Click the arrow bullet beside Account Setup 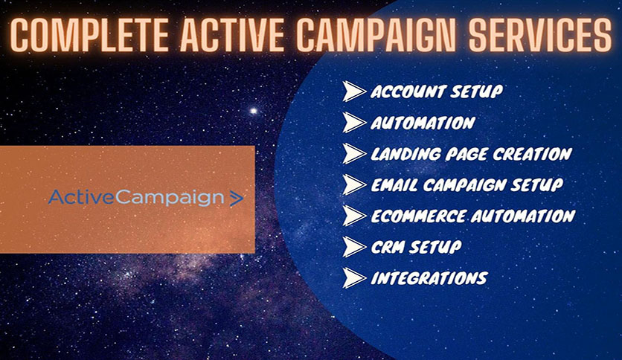click(353, 91)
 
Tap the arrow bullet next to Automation click(353, 123)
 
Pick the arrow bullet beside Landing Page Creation click(353, 154)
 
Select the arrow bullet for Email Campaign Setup click(353, 184)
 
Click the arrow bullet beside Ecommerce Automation click(353, 216)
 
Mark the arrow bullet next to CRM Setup click(353, 246)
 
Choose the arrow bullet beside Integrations click(353, 278)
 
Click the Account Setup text click(436, 92)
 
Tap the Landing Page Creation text click(471, 154)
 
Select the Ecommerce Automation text click(472, 216)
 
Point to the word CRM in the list click(388, 247)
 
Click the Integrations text click(429, 278)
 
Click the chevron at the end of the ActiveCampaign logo click(236, 199)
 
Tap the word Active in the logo click(73, 198)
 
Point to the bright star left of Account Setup click(253, 111)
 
